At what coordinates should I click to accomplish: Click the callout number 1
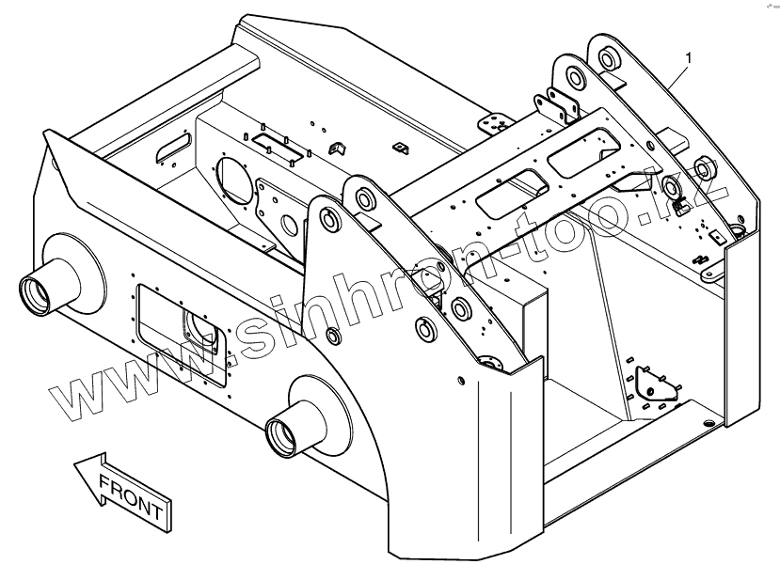[x=690, y=58]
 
